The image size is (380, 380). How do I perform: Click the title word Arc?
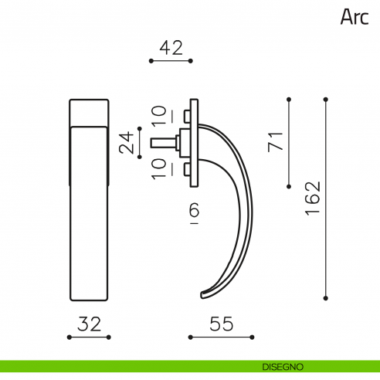point(355,17)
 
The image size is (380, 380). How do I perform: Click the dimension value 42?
point(171,48)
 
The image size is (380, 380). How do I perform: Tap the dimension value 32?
point(89,324)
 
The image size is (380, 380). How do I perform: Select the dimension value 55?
point(222,324)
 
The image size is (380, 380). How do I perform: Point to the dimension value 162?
point(313,198)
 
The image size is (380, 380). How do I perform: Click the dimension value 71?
point(276,142)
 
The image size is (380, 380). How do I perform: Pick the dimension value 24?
point(127,143)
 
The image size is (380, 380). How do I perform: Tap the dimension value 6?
point(195,209)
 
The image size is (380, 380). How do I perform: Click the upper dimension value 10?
point(159,116)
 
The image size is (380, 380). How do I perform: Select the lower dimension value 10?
point(159,169)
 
